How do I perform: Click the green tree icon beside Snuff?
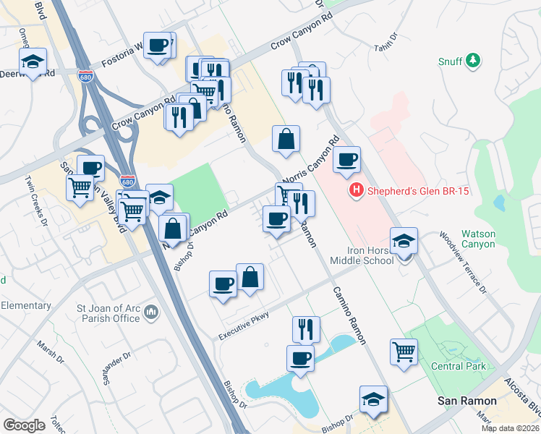pyautogui.click(x=473, y=61)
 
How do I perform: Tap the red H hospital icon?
pyautogui.click(x=356, y=191)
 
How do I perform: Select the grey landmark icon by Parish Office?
pyautogui.click(x=151, y=312)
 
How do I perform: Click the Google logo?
pyautogui.click(x=24, y=425)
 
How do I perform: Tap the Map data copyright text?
pyautogui.click(x=510, y=428)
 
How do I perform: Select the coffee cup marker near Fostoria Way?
pyautogui.click(x=158, y=46)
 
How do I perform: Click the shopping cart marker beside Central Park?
pyautogui.click(x=404, y=352)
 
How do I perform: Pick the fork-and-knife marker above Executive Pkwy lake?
pyautogui.click(x=306, y=328)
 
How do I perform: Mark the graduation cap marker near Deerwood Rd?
pyautogui.click(x=33, y=61)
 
